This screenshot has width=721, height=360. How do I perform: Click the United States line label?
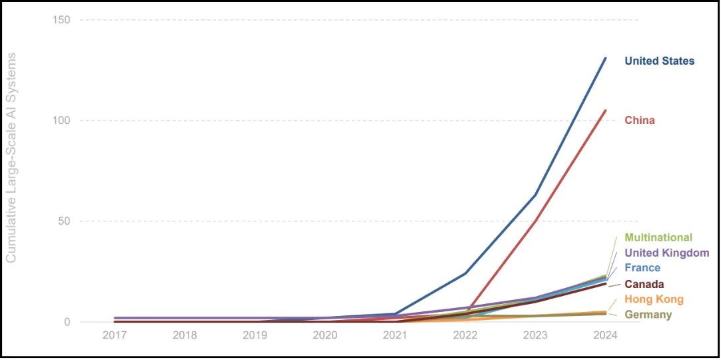[659, 61]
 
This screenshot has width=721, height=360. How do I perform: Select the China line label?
[639, 120]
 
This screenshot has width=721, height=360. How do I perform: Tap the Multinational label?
[658, 237]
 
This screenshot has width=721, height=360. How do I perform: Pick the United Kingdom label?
[666, 253]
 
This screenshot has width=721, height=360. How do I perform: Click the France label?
[642, 267]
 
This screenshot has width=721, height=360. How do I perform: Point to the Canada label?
[644, 284]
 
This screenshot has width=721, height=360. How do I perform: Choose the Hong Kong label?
[654, 299]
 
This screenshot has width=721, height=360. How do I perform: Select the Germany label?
[648, 315]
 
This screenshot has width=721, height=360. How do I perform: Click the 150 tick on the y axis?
[61, 19]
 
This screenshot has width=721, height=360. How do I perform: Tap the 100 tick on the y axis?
[61, 121]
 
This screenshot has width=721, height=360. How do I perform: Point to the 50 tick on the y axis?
[64, 221]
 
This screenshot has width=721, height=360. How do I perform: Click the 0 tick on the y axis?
[67, 322]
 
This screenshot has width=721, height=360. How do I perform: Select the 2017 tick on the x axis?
[115, 335]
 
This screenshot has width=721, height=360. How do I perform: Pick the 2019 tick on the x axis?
[255, 335]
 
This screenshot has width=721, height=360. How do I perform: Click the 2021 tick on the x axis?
[395, 335]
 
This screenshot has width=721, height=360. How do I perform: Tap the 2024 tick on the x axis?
[605, 335]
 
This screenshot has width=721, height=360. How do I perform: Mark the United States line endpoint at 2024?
[605, 58]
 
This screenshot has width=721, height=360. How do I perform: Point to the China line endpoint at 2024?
[605, 111]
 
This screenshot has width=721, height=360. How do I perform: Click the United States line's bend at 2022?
[465, 273]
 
